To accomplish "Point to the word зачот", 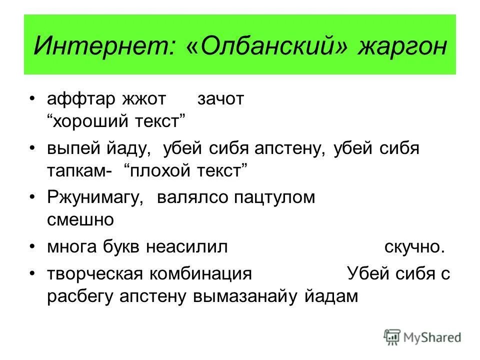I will (220, 99).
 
